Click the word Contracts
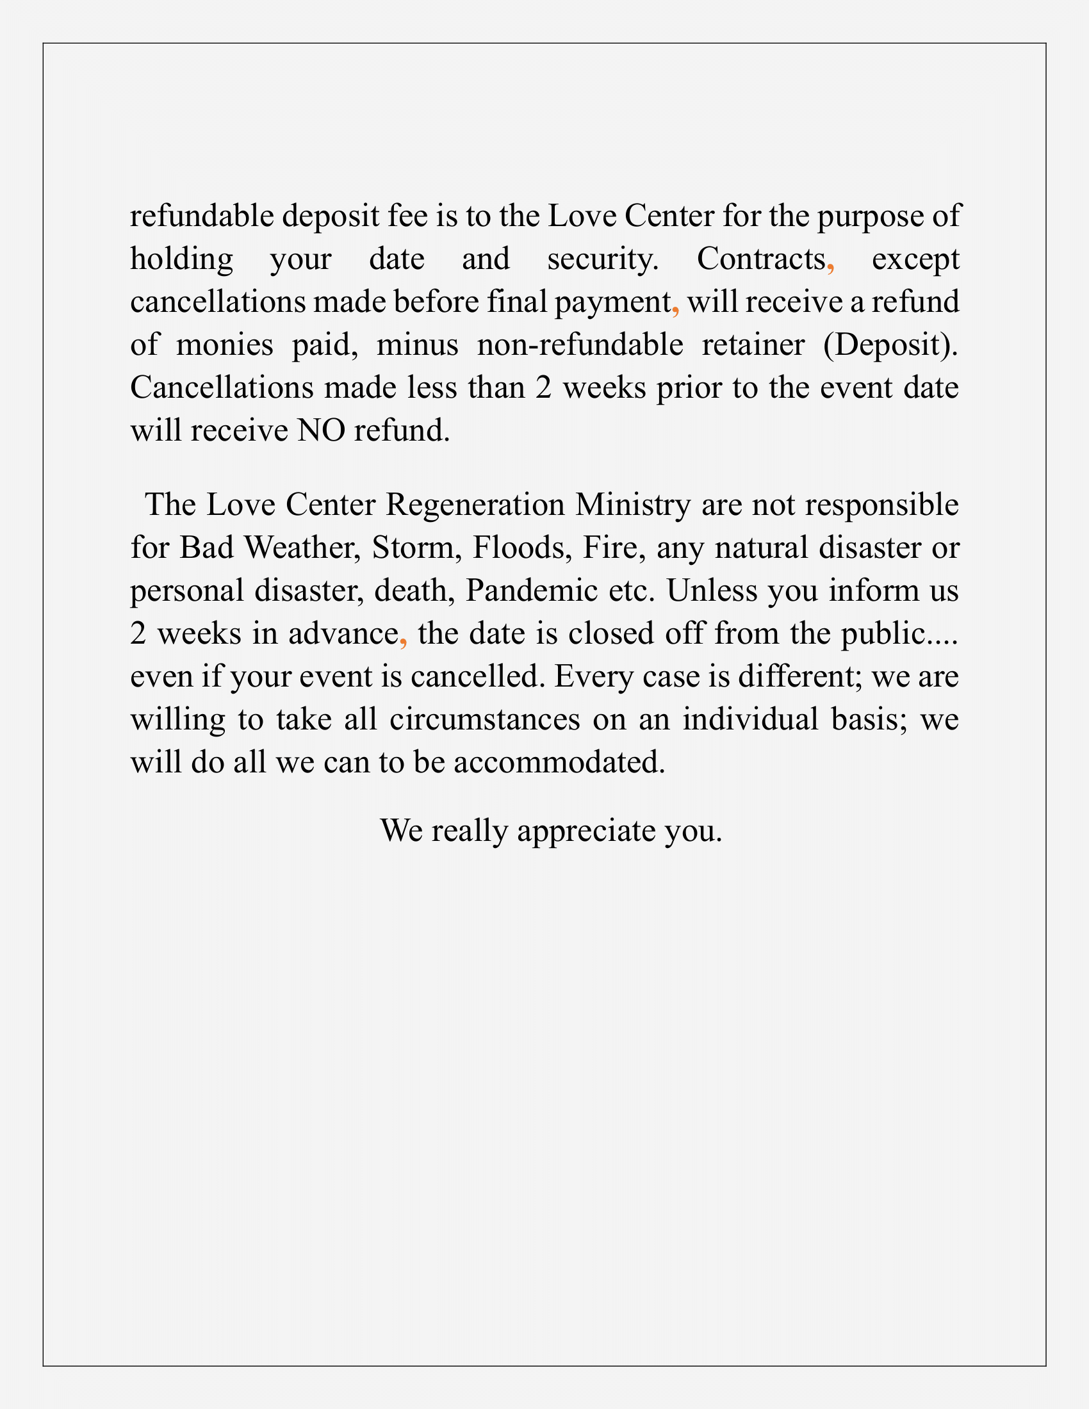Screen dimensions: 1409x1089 point(760,259)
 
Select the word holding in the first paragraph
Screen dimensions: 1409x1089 point(181,259)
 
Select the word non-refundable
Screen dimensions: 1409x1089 point(579,345)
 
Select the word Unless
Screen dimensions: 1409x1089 point(712,590)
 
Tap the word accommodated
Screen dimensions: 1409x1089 point(559,763)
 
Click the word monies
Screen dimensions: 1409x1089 point(224,345)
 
